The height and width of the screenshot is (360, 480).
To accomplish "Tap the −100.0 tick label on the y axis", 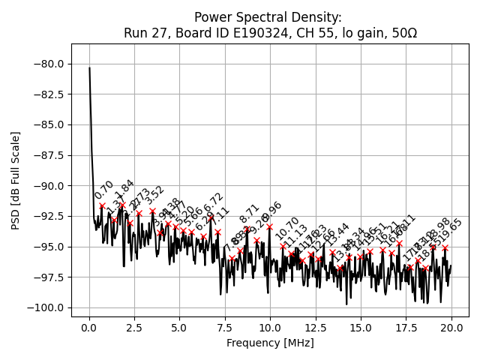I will tap(47, 307).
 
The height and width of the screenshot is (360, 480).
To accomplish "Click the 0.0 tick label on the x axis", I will tap(89, 328).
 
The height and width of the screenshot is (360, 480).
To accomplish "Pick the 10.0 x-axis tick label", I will tap(270, 328).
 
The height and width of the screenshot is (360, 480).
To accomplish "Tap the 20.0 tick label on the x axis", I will tap(451, 328).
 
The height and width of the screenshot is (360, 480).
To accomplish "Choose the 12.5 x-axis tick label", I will tap(315, 328).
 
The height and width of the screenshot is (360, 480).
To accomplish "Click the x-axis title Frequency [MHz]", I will tap(270, 343).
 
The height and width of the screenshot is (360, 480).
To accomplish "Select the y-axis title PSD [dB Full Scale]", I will tap(15, 180).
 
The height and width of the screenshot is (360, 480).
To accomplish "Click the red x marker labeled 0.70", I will tap(102, 205).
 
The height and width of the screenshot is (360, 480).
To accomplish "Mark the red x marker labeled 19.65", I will tap(445, 247).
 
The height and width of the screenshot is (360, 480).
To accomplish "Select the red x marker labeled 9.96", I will tap(269, 226).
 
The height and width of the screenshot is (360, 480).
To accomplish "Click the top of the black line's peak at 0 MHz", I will tap(89, 67).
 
